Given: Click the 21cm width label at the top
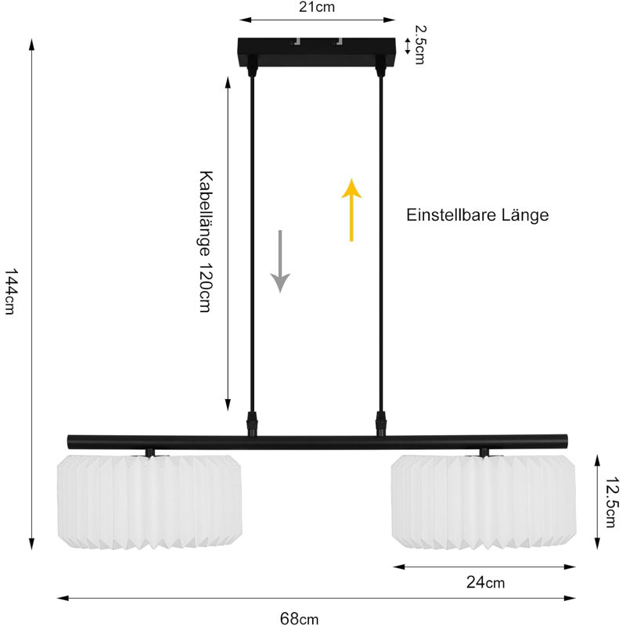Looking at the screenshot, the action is [317, 7].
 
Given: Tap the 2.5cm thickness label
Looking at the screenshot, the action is [420, 45].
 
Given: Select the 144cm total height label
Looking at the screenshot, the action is [11, 291].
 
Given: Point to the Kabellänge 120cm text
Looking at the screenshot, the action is [206, 242].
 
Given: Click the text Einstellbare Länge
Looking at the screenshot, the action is [477, 214].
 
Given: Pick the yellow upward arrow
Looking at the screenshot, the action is [351, 210].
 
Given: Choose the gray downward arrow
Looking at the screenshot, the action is [280, 261].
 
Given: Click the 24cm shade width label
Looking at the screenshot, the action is [485, 582].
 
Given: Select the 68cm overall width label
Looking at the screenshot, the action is [300, 618].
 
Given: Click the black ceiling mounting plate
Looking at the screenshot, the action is [317, 52].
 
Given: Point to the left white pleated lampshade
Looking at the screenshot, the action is [149, 502].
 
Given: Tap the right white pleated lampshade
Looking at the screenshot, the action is [484, 502].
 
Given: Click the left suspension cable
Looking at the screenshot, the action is [252, 243].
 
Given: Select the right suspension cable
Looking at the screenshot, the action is [381, 243].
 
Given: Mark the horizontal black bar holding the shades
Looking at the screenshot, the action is [318, 442].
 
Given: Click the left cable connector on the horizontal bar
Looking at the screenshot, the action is [252, 424].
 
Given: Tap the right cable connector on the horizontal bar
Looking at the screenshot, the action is [381, 424].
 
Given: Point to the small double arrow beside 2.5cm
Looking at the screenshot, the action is [407, 46].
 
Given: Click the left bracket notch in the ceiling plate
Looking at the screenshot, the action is [297, 41].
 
